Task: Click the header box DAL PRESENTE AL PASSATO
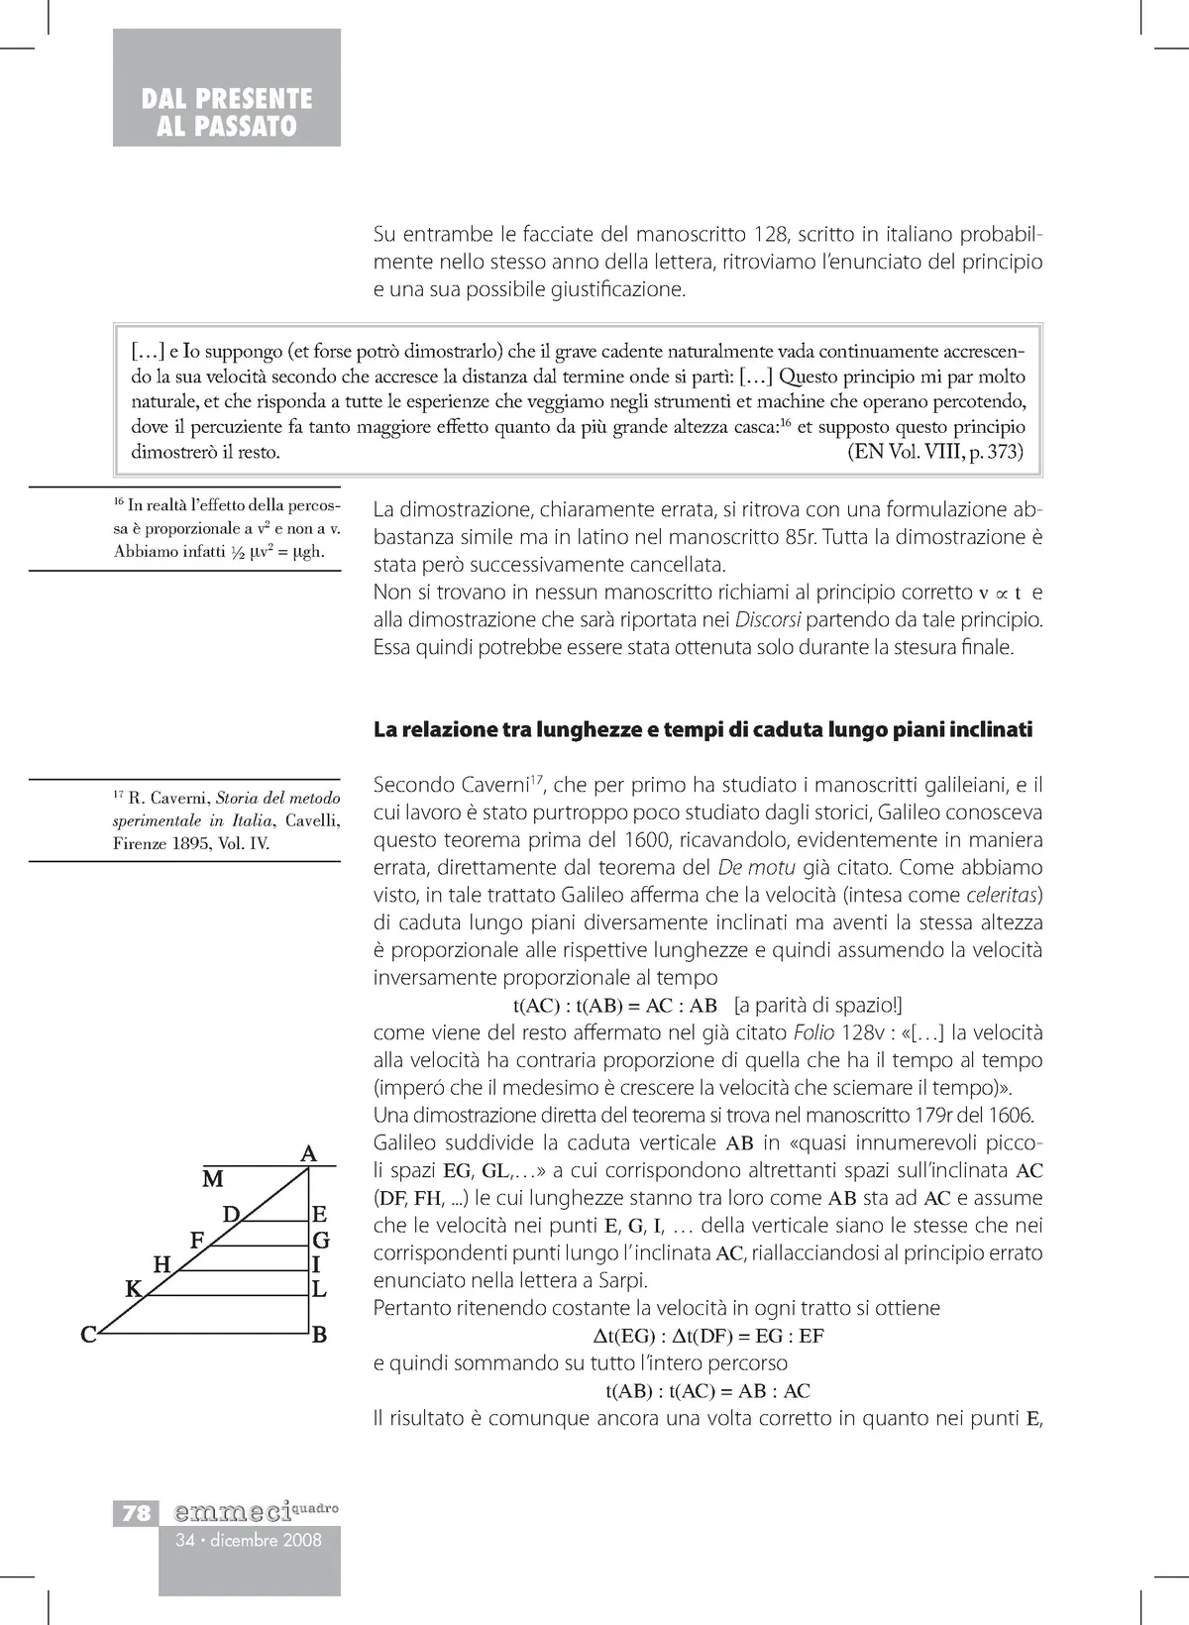pyautogui.click(x=227, y=112)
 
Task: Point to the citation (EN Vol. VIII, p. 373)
pyautogui.click(x=935, y=454)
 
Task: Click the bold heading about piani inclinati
pyautogui.click(x=703, y=730)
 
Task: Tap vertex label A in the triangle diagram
pyautogui.click(x=308, y=1153)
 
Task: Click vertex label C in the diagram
pyautogui.click(x=88, y=1335)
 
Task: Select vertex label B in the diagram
pyautogui.click(x=319, y=1335)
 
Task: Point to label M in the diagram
pyautogui.click(x=212, y=1179)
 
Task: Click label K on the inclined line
pyautogui.click(x=132, y=1289)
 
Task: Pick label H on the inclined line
pyautogui.click(x=162, y=1263)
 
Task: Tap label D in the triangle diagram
pyautogui.click(x=231, y=1214)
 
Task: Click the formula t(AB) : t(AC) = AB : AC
pyautogui.click(x=707, y=1390)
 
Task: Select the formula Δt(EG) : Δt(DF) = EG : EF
pyautogui.click(x=707, y=1336)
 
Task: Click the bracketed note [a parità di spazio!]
pyautogui.click(x=817, y=1005)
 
